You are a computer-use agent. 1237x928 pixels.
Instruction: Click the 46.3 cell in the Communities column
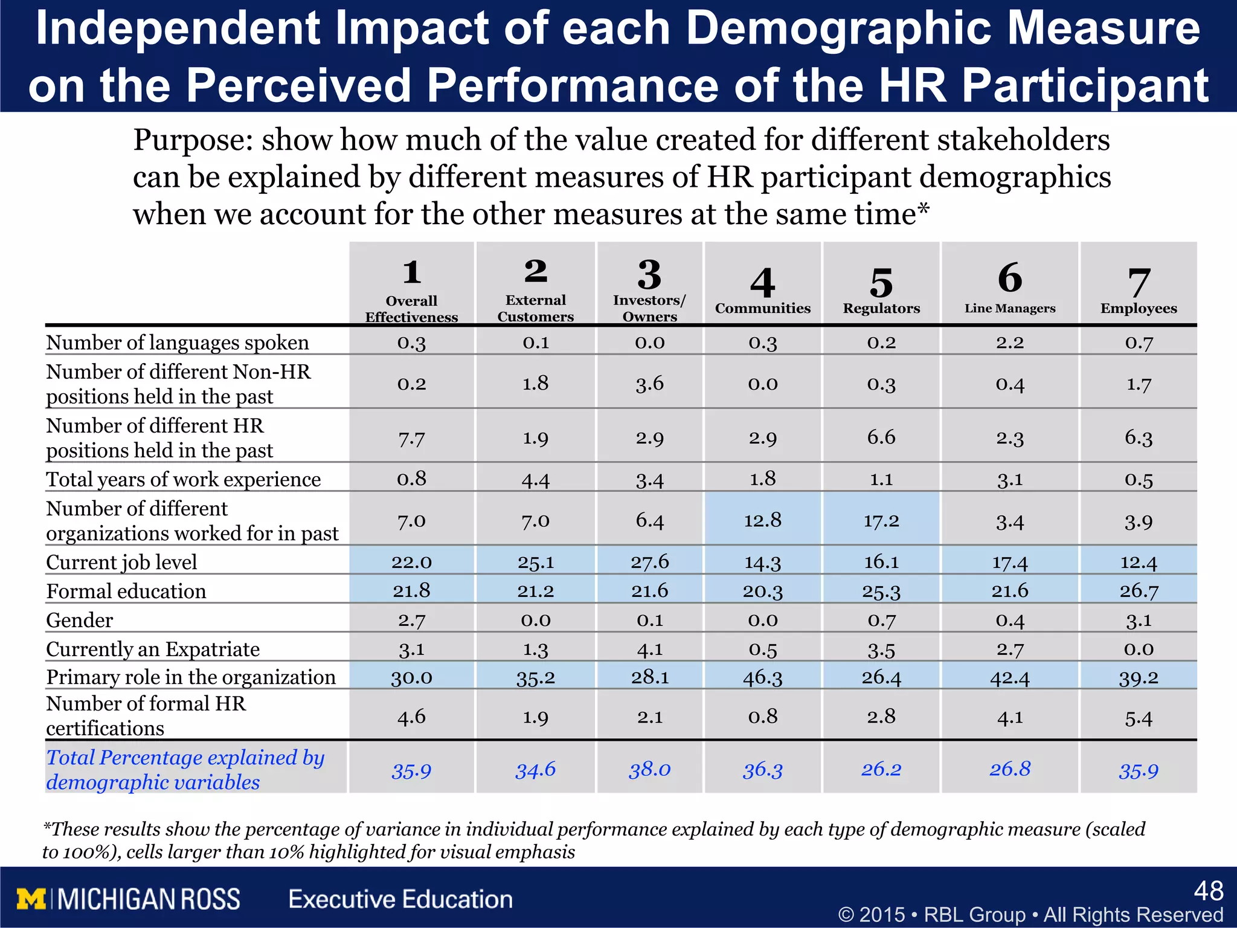pyautogui.click(x=762, y=677)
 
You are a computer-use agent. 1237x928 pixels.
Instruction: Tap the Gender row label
pyautogui.click(x=80, y=620)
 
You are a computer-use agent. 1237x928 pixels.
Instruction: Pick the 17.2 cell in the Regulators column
pyautogui.click(x=881, y=521)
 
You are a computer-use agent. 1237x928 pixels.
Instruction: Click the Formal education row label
pyautogui.click(x=126, y=591)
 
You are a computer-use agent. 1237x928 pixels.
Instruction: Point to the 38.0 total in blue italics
pyautogui.click(x=649, y=769)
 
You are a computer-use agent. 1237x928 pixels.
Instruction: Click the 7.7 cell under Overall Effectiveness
pyautogui.click(x=411, y=438)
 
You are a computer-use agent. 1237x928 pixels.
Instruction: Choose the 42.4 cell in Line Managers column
pyautogui.click(x=1009, y=677)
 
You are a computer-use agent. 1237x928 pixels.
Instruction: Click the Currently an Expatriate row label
pyautogui.click(x=153, y=649)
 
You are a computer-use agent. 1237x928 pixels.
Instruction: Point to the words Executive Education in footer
pyautogui.click(x=400, y=899)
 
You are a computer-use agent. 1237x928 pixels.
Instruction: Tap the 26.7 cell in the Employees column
pyautogui.click(x=1139, y=590)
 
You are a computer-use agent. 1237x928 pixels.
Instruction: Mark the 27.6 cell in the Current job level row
pyautogui.click(x=649, y=561)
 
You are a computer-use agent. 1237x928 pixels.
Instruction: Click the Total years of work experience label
pyautogui.click(x=184, y=479)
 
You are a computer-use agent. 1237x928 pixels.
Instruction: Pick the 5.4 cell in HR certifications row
pyautogui.click(x=1139, y=717)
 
